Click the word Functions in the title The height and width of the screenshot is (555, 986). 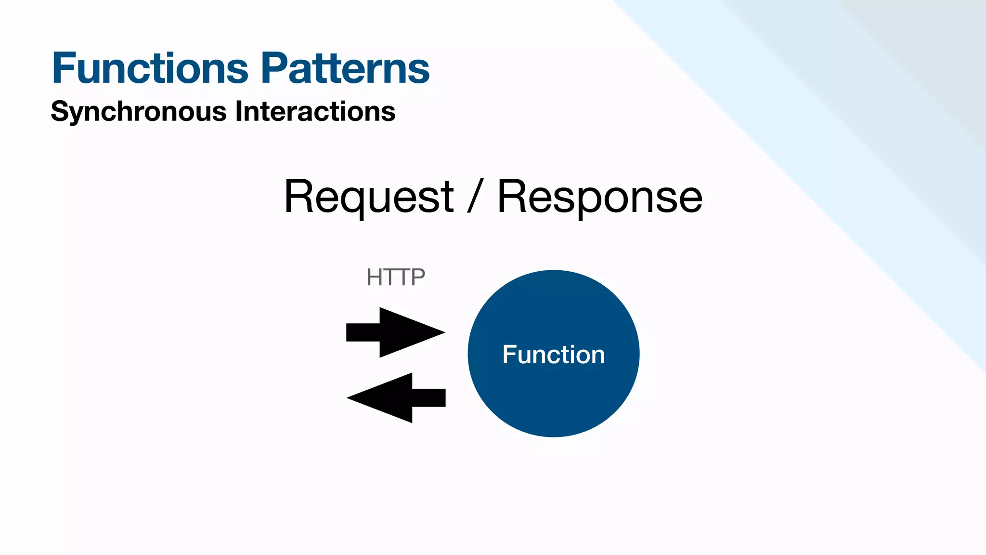150,68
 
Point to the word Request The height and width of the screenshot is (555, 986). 368,197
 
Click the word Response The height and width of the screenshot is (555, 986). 599,197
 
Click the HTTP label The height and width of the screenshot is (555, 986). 396,277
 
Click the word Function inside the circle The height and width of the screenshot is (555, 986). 554,355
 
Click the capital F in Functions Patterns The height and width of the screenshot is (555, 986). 65,68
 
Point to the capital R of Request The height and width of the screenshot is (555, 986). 299,197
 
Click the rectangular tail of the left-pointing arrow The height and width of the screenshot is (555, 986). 428,398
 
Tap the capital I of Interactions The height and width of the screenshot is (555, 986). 239,111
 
